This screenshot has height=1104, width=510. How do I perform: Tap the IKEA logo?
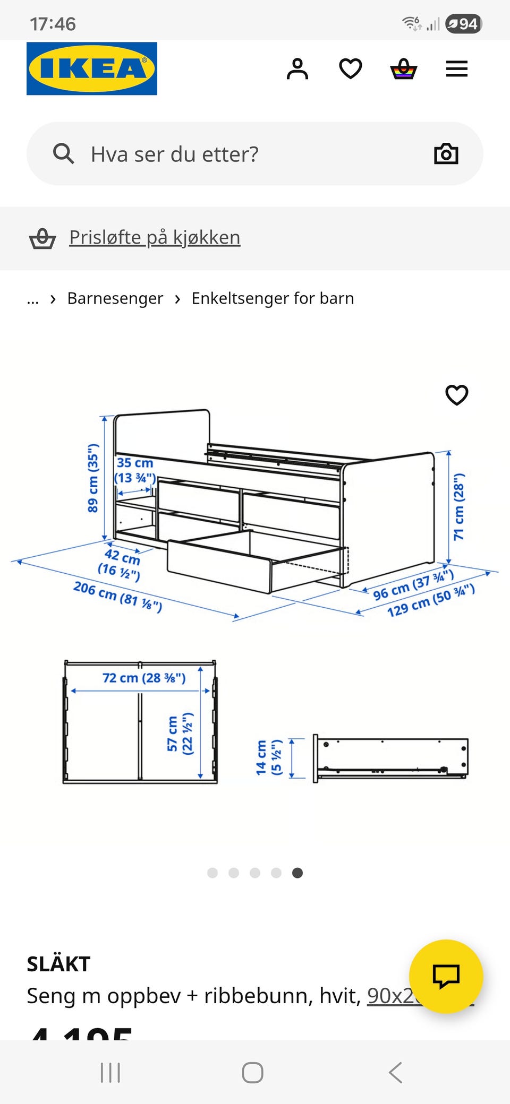(x=92, y=68)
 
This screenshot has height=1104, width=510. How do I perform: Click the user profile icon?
(x=297, y=69)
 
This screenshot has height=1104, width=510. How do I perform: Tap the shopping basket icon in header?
(x=404, y=69)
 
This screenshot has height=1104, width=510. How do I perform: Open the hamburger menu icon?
(x=456, y=69)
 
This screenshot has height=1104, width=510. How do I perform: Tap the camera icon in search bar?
(x=446, y=154)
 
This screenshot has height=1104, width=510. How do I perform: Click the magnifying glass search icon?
(x=63, y=154)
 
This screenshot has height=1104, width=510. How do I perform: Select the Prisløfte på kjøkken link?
(x=155, y=237)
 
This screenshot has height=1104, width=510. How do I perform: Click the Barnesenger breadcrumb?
(x=115, y=298)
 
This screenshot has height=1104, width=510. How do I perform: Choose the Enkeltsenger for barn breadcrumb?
(x=273, y=298)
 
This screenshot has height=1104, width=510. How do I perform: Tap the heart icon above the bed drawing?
(x=456, y=395)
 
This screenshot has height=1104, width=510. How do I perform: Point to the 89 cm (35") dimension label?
(x=93, y=478)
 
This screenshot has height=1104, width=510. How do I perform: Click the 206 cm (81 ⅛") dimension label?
(x=118, y=597)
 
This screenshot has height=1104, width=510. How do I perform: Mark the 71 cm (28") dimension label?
(x=459, y=506)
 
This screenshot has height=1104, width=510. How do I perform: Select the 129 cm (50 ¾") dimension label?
(x=431, y=600)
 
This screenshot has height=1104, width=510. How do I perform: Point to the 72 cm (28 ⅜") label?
(x=144, y=678)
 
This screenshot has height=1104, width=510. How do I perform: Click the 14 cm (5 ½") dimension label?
(x=269, y=757)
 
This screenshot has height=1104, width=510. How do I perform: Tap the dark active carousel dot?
(x=297, y=873)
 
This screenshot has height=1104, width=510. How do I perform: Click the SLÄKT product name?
(x=59, y=963)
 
